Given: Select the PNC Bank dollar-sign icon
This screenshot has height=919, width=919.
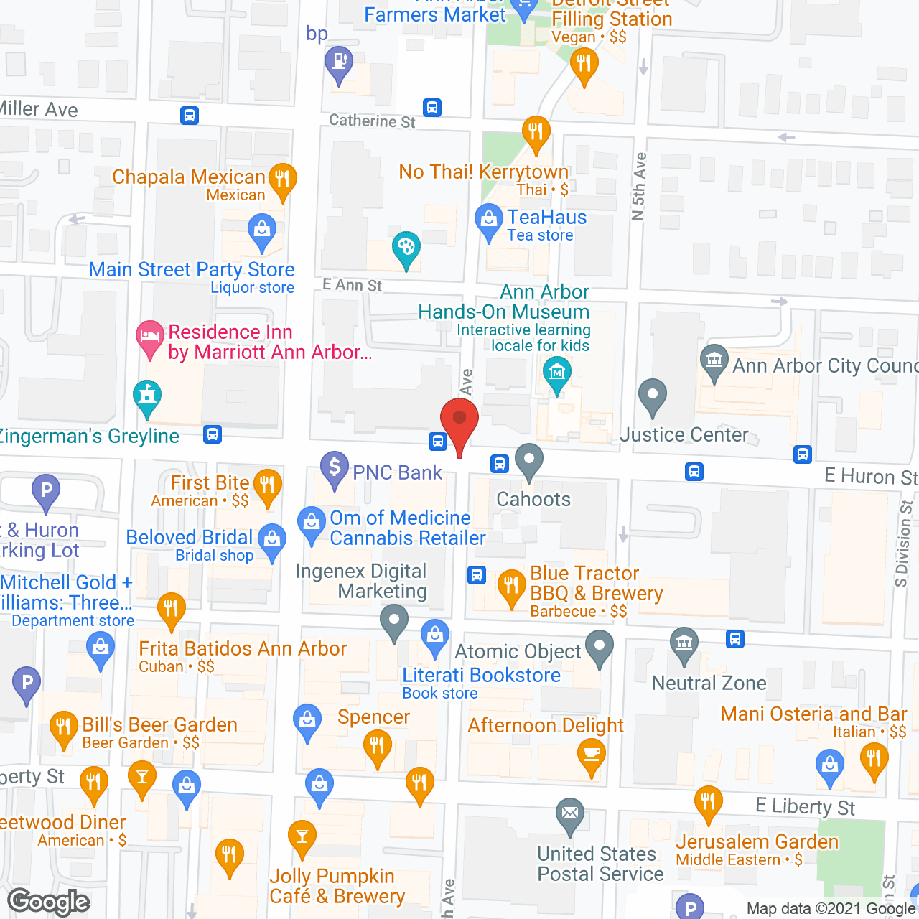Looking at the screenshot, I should coord(334,467).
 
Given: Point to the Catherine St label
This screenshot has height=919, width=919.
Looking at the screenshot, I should coord(372,121).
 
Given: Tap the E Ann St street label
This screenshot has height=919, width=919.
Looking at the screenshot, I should coord(352,285).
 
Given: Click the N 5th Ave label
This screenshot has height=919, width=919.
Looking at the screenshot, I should coord(639,186).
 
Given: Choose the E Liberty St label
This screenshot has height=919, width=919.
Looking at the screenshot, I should coord(805,806).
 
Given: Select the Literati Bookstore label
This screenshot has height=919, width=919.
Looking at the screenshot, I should coord(481,676).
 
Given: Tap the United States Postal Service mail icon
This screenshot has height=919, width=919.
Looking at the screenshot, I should coord(570,815).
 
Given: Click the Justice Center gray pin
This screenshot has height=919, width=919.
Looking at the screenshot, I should coord(652,396).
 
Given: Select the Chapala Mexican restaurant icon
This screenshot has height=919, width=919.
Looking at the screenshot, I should coord(282,179).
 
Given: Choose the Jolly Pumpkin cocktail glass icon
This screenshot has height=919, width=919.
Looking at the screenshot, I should coord(302,836).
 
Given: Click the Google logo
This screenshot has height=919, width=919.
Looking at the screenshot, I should coord(49,902).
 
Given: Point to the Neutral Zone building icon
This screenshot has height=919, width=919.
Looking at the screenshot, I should coord(684,643).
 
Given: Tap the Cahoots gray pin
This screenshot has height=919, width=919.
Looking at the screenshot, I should coord(529,460).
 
